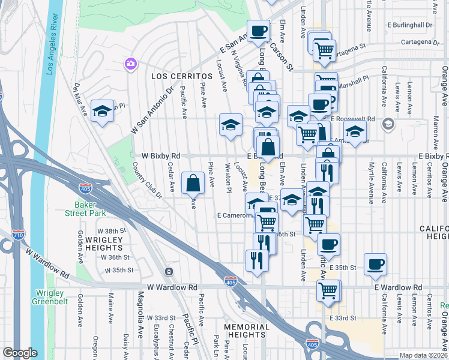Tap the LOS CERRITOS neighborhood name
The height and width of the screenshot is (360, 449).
182,77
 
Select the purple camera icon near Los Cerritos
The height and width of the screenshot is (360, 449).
130,64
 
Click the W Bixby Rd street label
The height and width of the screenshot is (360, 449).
161,156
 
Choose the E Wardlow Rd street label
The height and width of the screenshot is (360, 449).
398,288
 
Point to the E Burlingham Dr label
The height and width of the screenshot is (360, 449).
410,25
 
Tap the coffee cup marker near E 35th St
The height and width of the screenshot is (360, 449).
375,264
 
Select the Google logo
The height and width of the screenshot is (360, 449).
19,353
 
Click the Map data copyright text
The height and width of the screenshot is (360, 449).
423,355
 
